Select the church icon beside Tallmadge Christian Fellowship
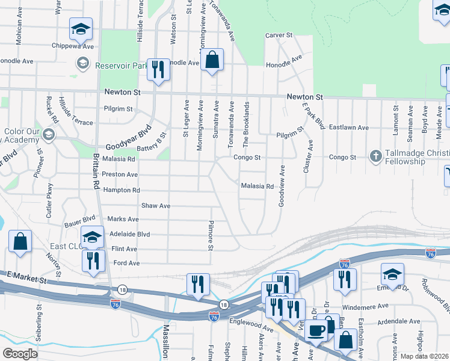coord(376,156)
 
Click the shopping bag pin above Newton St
coord(212,60)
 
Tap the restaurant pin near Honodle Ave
coord(158,69)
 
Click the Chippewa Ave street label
coord(75,46)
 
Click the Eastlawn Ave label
coord(351,128)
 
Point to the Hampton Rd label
coord(122,190)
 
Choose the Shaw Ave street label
coord(155,206)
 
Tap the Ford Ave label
coord(126,263)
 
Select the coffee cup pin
coord(316,330)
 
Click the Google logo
coord(20,354)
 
